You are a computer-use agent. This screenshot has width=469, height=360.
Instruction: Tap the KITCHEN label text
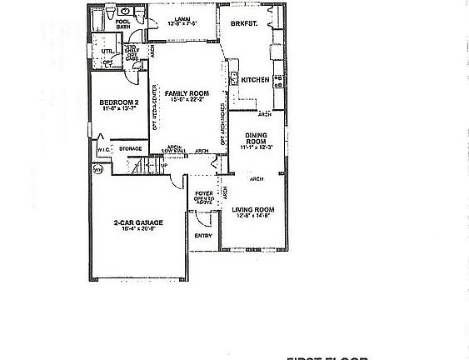tap(255, 80)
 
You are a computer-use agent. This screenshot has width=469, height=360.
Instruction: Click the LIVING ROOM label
tap(253, 209)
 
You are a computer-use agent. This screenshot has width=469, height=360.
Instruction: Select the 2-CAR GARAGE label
tap(137, 222)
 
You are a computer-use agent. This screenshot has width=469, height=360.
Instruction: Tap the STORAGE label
tap(131, 149)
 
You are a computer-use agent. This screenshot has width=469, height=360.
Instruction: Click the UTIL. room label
tap(106, 51)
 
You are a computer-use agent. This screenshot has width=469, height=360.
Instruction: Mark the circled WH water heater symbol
tap(97, 169)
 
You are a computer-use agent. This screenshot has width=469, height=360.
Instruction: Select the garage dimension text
tap(137, 229)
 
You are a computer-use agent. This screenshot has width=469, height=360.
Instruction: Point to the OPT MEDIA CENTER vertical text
tap(156, 108)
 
